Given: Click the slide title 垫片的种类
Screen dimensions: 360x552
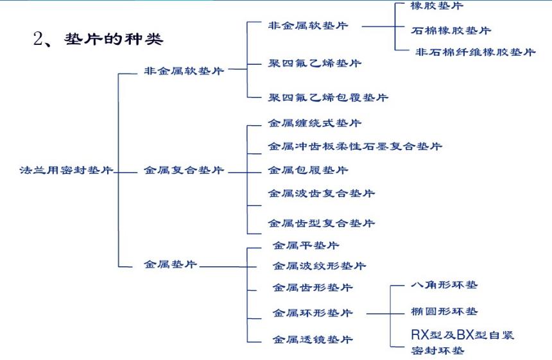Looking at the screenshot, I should coord(114,39).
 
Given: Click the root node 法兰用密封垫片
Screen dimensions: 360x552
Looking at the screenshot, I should coord(66,171).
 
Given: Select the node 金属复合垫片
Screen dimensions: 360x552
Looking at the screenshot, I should coord(184,171).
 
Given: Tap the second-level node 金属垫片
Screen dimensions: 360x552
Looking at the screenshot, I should coord(170,264).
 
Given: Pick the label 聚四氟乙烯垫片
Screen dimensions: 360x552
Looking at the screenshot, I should coord(315,63).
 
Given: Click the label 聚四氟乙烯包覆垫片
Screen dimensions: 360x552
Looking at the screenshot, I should coord(328,98).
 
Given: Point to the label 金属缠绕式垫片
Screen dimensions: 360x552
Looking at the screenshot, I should coord(315,123).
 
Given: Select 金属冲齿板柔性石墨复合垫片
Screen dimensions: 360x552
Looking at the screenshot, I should coord(355,146).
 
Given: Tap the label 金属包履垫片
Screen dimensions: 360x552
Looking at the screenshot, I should coord(308,170).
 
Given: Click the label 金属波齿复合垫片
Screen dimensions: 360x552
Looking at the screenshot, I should coord(321,193).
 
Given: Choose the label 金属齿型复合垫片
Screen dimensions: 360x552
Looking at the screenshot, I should coord(321,223).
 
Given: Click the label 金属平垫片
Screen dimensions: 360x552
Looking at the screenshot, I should coord(306,245).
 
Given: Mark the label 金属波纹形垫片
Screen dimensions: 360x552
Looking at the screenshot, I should coord(319,266).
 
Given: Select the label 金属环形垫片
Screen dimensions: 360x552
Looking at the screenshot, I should coord(313,313).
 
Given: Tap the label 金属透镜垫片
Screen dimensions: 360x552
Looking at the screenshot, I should coord(313,339).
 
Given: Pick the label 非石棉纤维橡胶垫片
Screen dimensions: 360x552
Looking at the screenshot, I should coord(475,52).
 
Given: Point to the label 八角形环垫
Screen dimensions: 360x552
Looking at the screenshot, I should coord(444,284).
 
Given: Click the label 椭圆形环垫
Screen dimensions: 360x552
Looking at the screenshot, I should coord(444,311).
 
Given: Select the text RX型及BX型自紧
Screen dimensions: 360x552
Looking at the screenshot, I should coord(462,335).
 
